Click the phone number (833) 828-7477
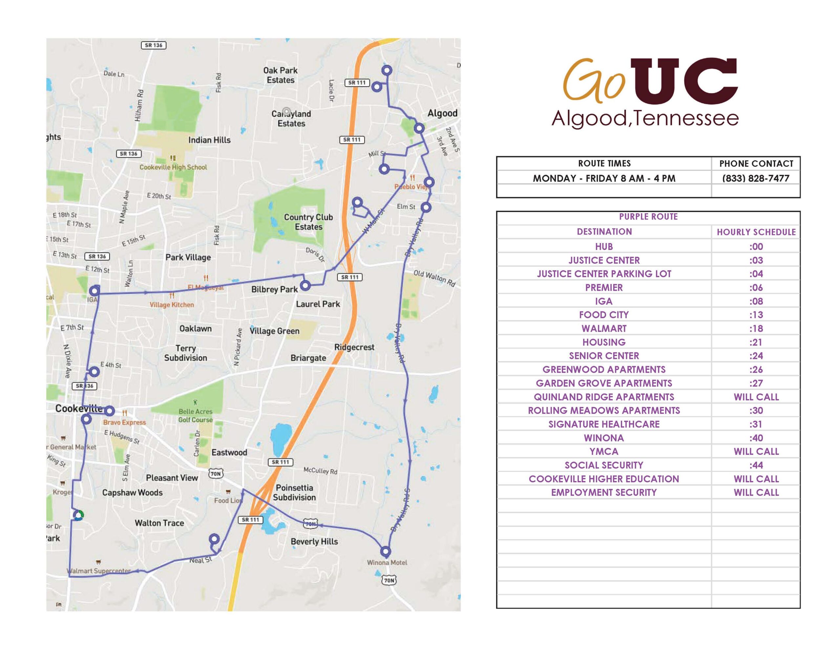[755, 178]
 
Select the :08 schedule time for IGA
[756, 301]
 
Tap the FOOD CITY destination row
[603, 315]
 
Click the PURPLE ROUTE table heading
[648, 217]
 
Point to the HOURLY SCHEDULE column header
[756, 232]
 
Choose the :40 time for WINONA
[756, 438]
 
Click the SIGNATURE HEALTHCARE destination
[603, 424]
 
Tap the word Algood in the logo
[588, 118]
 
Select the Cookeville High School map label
[173, 167]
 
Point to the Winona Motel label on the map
[387, 562]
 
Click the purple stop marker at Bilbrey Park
[305, 285]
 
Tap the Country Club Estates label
[308, 222]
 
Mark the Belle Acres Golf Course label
[195, 415]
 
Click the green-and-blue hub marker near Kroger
[78, 515]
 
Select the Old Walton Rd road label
[434, 279]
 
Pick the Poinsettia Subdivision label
[294, 492]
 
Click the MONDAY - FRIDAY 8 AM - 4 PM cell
[603, 178]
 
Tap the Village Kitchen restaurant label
[172, 305]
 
